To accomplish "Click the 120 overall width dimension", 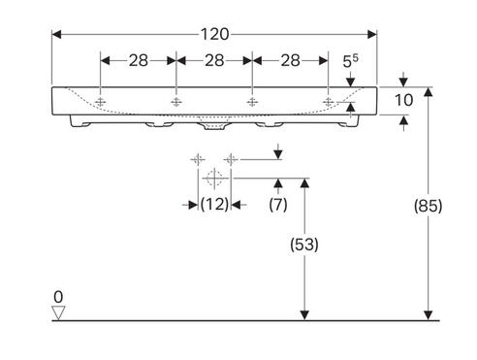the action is (215, 34).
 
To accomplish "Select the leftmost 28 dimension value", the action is (139, 60).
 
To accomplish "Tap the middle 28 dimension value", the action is (214, 60).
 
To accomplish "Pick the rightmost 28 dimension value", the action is (290, 60).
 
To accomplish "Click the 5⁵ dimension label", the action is (351, 61).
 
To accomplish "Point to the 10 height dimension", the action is (403, 100).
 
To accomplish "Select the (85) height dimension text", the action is (429, 206).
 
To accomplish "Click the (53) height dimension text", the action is (304, 245).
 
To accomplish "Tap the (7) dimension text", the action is (278, 205).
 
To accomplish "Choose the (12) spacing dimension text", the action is (214, 205).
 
